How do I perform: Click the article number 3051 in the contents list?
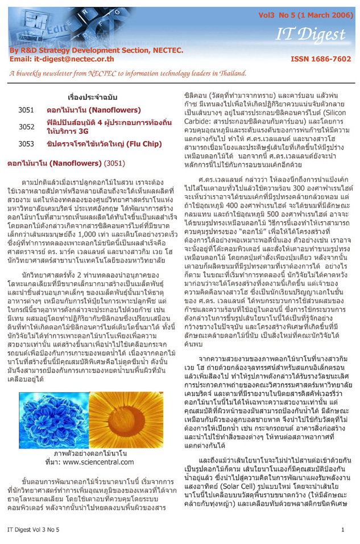27,109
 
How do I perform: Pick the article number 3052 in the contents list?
27,126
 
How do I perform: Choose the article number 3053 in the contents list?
27,145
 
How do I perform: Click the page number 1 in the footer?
343,529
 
